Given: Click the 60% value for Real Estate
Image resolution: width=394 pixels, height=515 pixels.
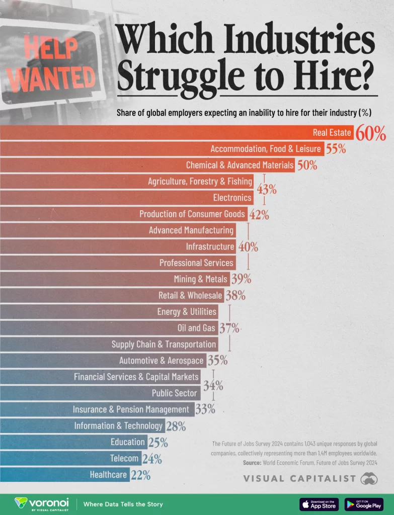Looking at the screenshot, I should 371,134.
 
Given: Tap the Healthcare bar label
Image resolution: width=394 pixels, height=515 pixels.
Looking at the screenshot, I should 108,474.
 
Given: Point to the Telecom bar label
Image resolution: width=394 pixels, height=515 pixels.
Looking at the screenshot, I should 124,458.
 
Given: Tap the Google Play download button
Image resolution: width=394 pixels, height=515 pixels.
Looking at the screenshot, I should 364,504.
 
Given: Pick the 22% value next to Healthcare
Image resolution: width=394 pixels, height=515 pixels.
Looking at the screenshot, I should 141,474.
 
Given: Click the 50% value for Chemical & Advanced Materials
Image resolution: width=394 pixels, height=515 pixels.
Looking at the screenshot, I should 307,165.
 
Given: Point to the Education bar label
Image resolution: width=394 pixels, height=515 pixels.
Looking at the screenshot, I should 128,442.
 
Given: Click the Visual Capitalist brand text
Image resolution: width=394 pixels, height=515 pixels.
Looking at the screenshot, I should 300,478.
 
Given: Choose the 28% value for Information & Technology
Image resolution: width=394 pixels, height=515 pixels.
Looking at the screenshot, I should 176,426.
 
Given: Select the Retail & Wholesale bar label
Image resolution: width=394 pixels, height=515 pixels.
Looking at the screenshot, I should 190,295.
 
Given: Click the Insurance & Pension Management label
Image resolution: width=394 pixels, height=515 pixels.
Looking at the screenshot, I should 131,409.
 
